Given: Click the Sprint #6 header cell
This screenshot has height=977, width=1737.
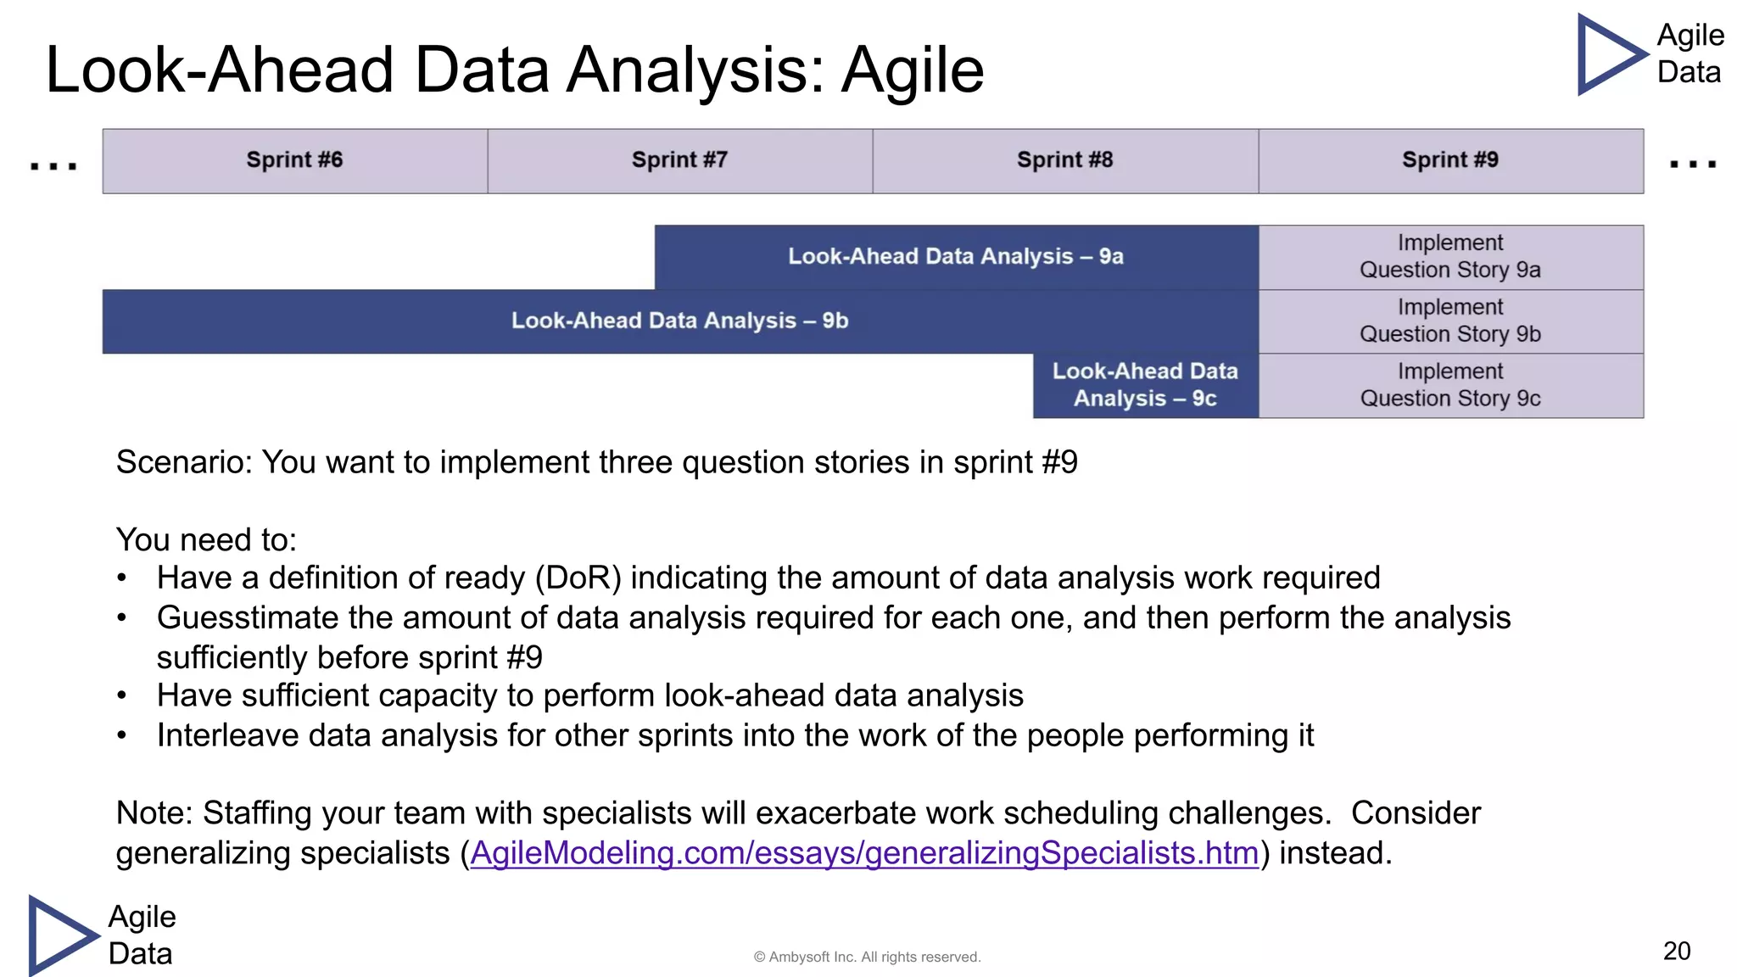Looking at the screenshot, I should [294, 160].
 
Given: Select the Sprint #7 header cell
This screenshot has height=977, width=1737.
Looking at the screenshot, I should [679, 160].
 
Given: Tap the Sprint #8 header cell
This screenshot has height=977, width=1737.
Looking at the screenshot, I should [1064, 160].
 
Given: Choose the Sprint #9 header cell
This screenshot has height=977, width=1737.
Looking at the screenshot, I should [1450, 160].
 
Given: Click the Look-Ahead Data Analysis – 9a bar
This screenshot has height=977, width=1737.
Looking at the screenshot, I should [956, 256].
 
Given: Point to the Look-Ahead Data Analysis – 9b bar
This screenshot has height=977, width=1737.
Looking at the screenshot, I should [679, 321].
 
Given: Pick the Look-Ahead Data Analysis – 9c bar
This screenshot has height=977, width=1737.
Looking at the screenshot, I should [1145, 385].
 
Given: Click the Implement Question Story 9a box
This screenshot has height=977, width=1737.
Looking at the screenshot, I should [1450, 256].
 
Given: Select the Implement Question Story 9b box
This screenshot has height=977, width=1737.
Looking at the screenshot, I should [1450, 321].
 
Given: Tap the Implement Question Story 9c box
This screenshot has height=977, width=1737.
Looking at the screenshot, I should [1450, 385].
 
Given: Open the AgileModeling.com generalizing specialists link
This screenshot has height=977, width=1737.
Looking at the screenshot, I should [864, 853].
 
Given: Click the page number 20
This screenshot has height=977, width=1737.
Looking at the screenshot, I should [1677, 951].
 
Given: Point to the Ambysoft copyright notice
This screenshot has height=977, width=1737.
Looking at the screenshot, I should [867, 957].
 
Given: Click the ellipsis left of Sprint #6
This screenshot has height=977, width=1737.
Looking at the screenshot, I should [53, 165].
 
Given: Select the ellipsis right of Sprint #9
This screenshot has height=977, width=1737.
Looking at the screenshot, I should [1693, 164].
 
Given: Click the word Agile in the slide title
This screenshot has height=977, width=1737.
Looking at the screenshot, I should [913, 70].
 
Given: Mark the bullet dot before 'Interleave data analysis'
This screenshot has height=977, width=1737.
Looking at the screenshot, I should [122, 735].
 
